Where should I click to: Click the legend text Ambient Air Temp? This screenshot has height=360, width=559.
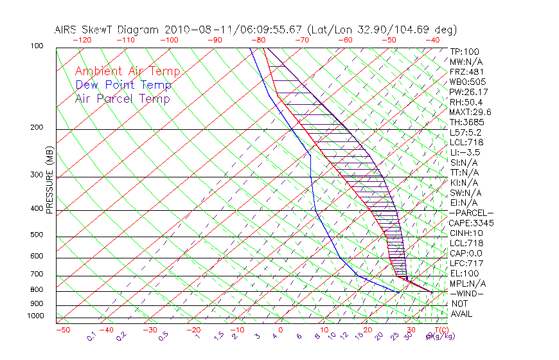(127, 71)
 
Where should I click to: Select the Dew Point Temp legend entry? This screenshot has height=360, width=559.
(123, 85)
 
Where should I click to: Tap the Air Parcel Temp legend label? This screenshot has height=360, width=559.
(123, 99)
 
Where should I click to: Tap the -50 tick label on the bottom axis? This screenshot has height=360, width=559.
(62, 330)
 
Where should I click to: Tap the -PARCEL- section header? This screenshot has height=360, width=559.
(472, 213)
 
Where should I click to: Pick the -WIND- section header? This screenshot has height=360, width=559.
(467, 293)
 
